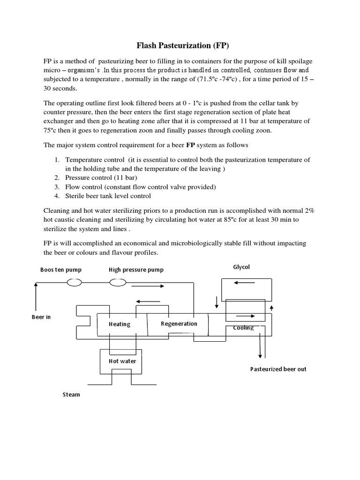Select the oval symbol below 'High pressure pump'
(118, 282)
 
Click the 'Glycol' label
(241, 267)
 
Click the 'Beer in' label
(41, 317)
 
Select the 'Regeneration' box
(179, 323)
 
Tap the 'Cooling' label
(243, 328)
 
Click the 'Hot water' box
(122, 361)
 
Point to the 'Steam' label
(71, 394)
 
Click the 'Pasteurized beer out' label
(278, 369)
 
